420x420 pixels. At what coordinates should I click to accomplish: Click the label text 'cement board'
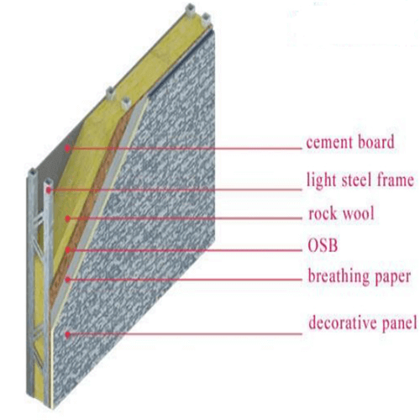350,142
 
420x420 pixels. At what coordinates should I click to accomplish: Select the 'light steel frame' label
360,180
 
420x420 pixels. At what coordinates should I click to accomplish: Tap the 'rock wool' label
341,213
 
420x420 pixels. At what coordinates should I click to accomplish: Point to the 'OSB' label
323,245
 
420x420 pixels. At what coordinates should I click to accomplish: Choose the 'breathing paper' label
360,276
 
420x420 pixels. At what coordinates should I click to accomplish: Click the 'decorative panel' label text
363,323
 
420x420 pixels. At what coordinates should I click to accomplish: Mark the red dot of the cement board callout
67,148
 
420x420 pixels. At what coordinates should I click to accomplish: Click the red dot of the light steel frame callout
49,191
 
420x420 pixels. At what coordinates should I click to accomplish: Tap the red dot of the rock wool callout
67,218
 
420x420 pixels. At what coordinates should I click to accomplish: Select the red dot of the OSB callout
67,249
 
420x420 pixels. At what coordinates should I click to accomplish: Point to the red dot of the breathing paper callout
67,279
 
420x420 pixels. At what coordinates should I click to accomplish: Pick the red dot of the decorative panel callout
67,334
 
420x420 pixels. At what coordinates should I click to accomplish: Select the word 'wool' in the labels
359,213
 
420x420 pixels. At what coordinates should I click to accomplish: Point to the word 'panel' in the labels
400,323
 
